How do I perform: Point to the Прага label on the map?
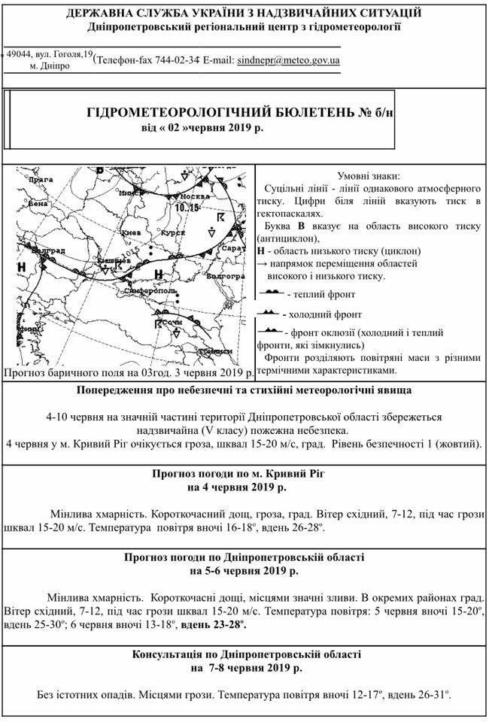click(41, 180)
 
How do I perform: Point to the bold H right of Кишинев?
click(158, 272)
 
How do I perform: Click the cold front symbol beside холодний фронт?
click(269, 312)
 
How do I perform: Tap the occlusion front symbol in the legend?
click(269, 330)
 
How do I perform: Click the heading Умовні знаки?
click(369, 174)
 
